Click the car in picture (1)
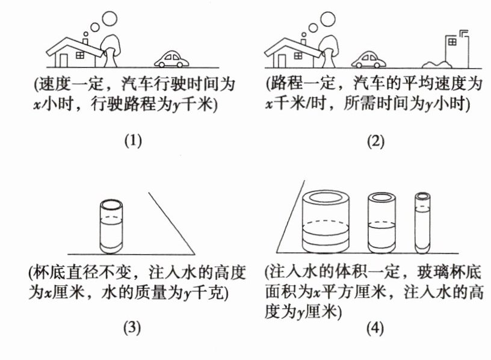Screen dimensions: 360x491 point(172,58)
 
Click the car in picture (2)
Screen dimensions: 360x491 point(368,59)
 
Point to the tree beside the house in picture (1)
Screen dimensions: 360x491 point(111,48)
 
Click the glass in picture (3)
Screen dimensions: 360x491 point(113,226)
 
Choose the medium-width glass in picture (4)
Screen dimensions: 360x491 point(381,223)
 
